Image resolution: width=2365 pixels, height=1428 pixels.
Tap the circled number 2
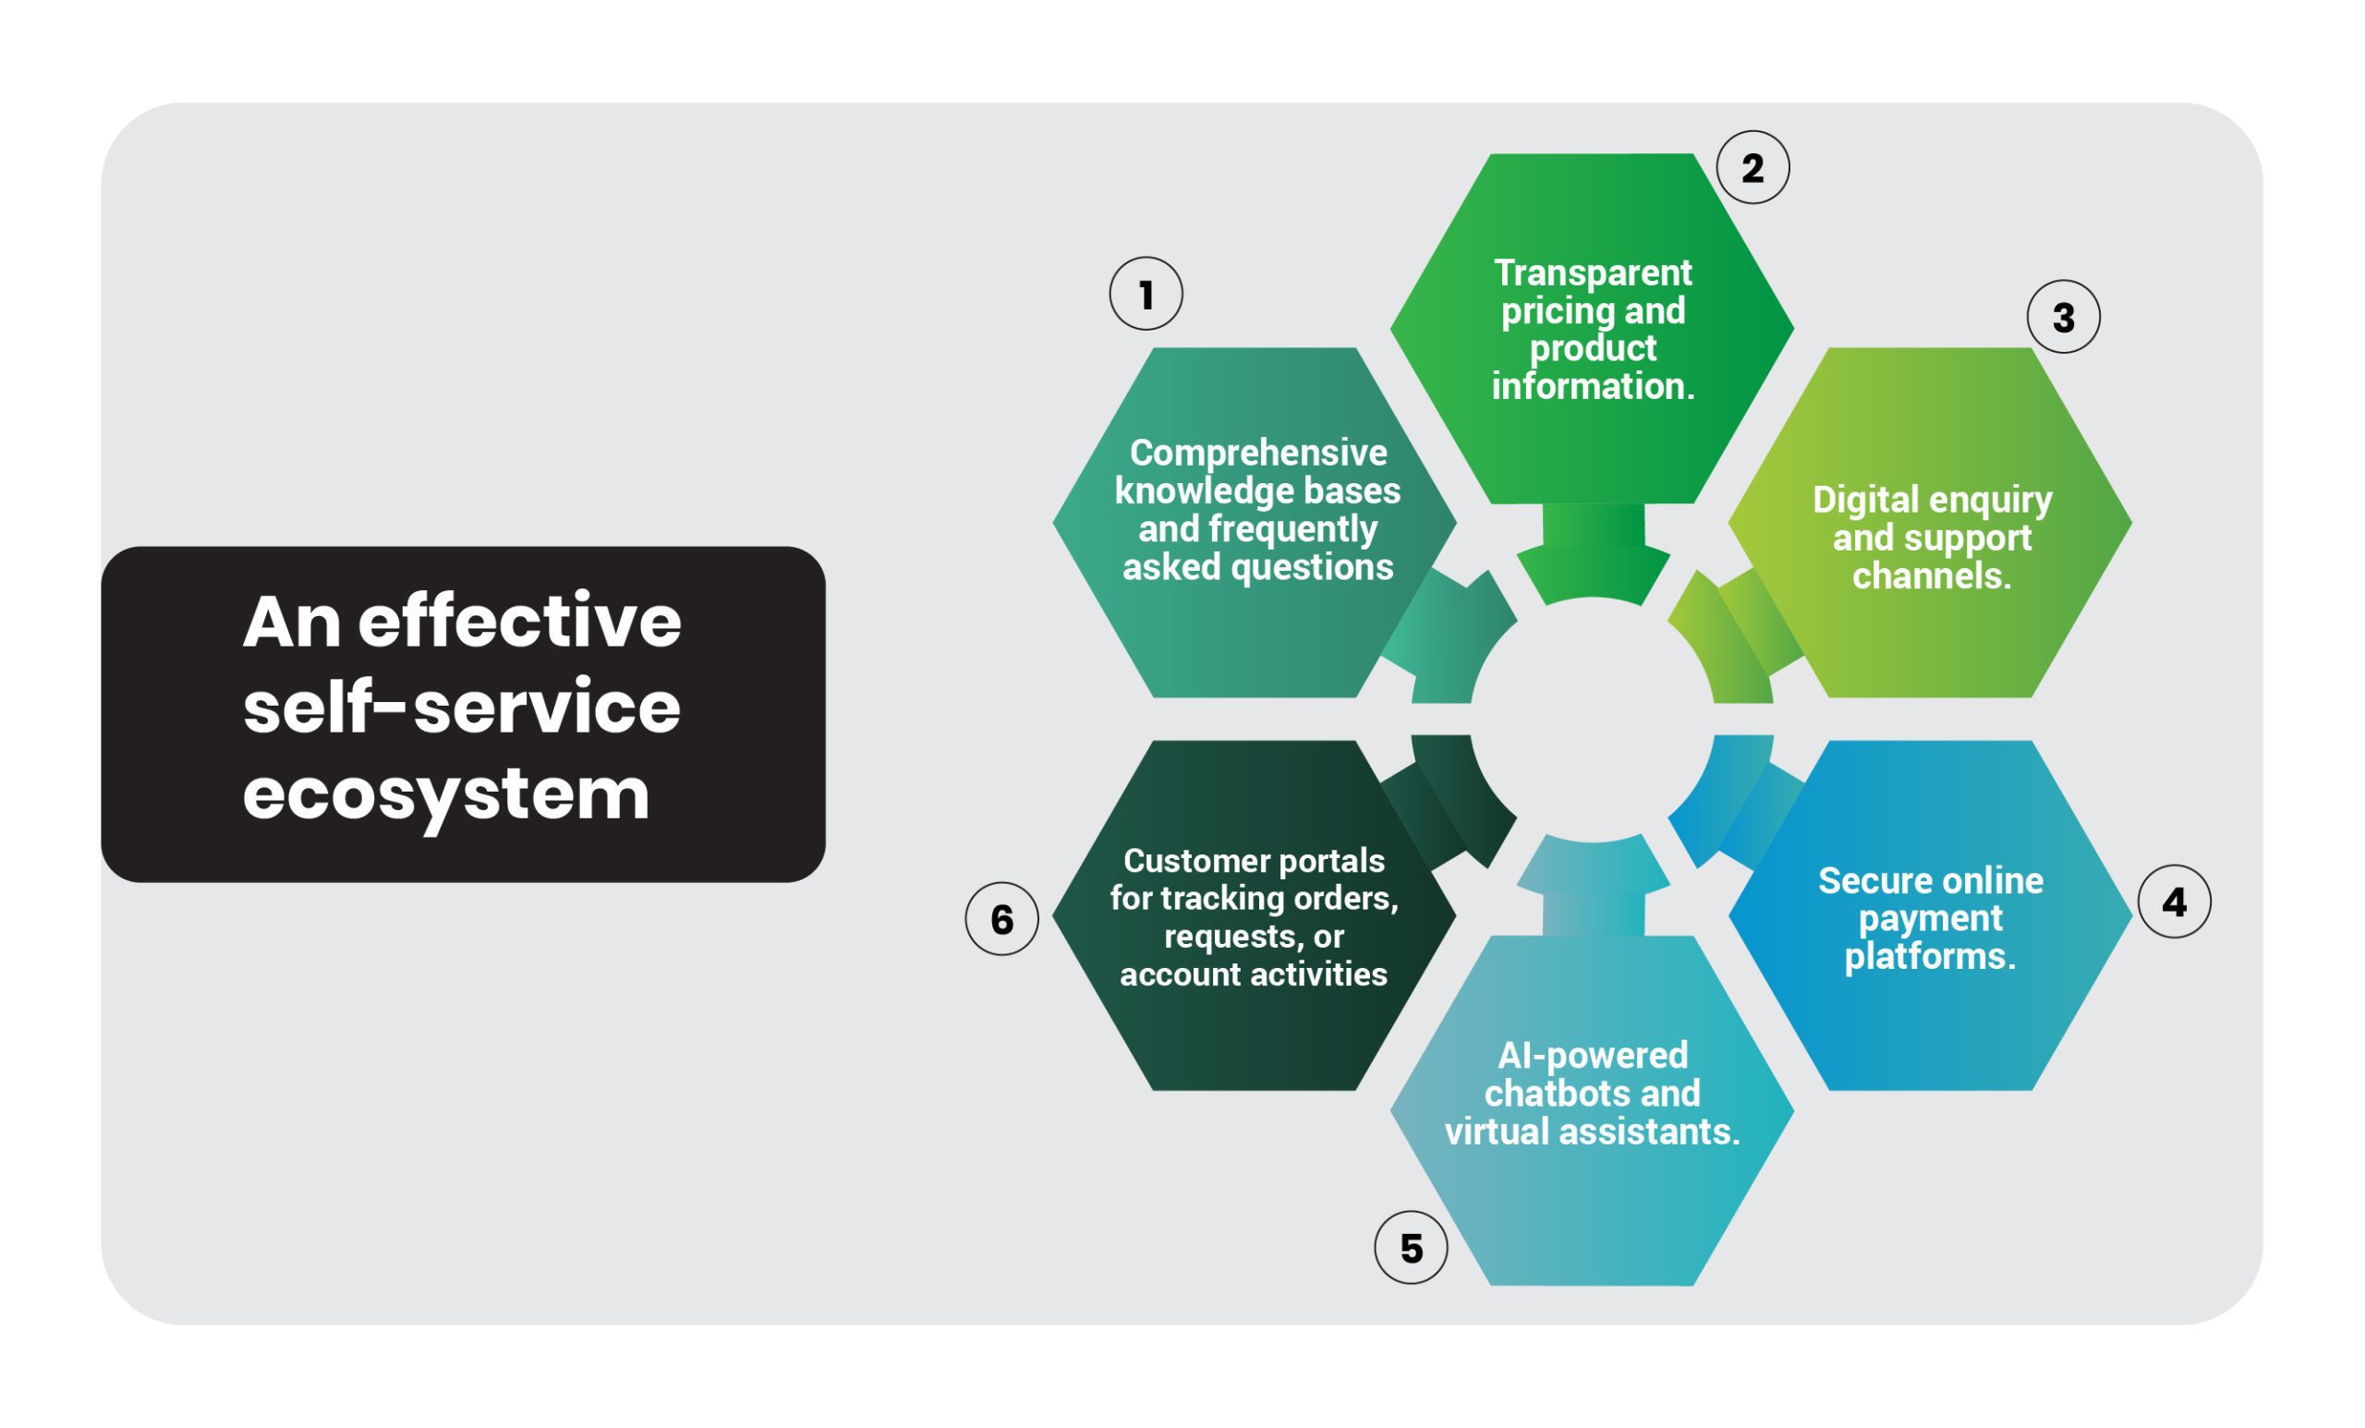(1753, 167)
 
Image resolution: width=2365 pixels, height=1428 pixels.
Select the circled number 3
(2064, 317)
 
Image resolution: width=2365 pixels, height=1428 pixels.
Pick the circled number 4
(2174, 902)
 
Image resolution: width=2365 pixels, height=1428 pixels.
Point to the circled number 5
(1411, 1248)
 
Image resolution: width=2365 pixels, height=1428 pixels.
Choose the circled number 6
(1001, 918)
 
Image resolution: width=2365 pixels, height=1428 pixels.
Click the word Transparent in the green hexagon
(1593, 273)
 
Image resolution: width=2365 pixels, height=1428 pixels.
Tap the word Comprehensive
(1257, 453)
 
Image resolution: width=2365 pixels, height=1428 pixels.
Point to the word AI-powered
(1593, 1055)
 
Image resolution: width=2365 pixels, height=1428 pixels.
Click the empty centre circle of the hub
(1593, 720)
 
